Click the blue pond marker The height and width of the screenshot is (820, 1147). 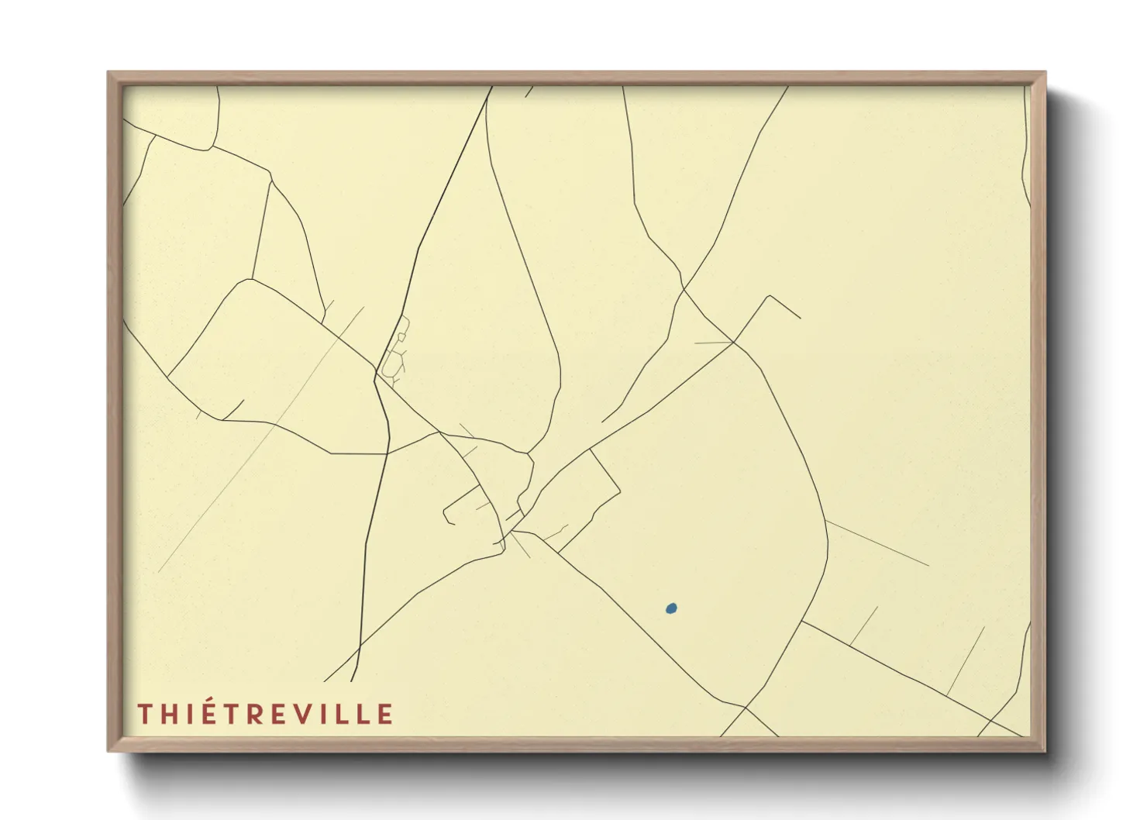click(x=671, y=609)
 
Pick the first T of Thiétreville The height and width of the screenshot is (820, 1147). click(x=145, y=714)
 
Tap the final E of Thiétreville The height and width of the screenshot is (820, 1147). click(x=385, y=714)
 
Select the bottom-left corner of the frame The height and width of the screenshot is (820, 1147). click(x=109, y=750)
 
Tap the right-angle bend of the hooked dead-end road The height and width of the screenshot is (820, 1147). click(x=769, y=296)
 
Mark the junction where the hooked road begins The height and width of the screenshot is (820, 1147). click(x=734, y=343)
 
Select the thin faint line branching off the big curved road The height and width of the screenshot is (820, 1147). click(x=876, y=543)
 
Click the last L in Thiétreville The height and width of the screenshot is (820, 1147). click(x=364, y=714)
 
